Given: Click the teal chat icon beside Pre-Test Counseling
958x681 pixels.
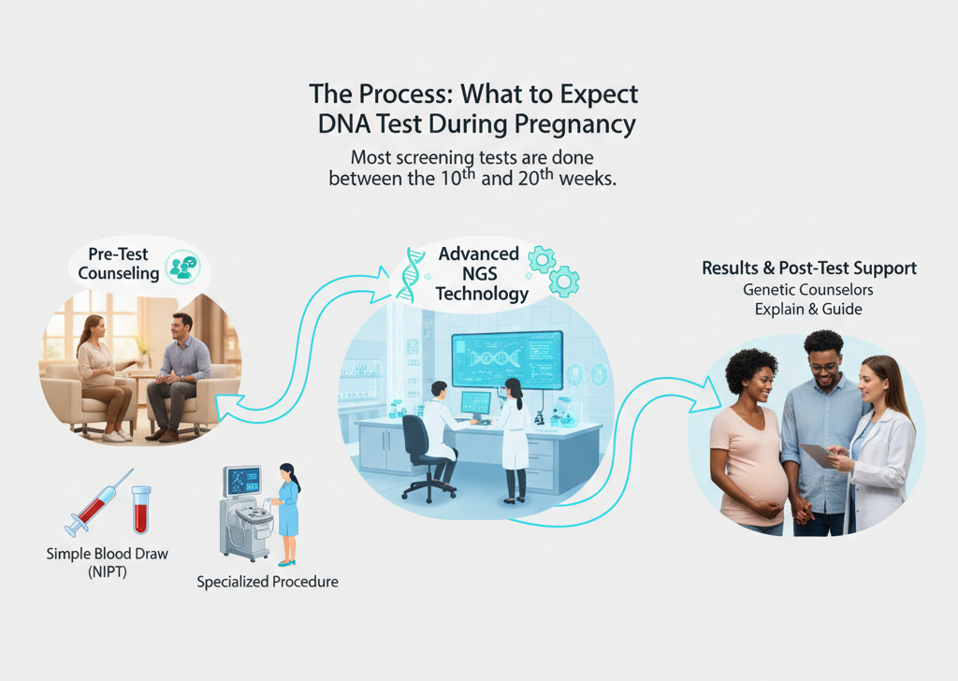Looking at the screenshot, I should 182,267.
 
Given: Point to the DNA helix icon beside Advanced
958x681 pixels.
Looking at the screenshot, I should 410,273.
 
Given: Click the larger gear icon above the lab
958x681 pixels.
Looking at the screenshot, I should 563,281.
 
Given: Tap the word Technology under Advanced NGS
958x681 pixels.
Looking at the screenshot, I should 481,294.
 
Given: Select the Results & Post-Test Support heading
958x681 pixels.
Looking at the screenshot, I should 809,269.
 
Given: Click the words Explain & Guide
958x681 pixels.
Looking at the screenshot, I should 808,309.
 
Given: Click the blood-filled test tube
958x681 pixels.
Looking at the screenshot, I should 141,509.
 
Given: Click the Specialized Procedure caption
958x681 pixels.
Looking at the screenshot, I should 268,582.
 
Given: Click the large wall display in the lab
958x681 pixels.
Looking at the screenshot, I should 506,360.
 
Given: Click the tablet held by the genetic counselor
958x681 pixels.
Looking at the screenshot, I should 816,456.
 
